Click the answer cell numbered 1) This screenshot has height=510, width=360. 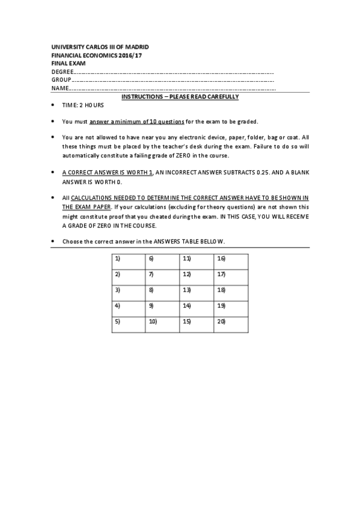point(128,262)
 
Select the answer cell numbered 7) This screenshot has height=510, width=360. point(163,277)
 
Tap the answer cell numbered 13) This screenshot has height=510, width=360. point(197,293)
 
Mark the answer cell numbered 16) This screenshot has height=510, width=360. point(231,262)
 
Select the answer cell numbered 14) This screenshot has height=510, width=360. point(197,309)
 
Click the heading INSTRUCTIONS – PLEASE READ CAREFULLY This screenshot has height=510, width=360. point(180,97)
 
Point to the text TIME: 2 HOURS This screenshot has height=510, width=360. point(83,105)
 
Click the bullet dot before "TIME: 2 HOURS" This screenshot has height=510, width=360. point(54,105)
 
